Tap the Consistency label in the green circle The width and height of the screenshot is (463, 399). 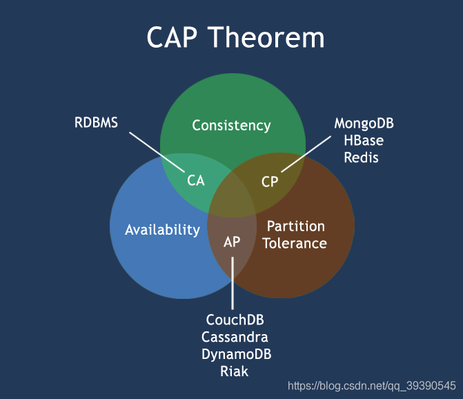coord(231,126)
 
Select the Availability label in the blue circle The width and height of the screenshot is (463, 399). coord(162,230)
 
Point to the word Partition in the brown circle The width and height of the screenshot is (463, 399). coord(295,226)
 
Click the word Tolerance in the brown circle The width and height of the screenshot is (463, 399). coord(295,243)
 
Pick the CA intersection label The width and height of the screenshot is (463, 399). coord(196,181)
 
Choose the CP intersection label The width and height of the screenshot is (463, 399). coord(270,182)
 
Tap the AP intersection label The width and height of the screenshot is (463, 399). coord(232,242)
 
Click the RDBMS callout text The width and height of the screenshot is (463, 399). coord(96,124)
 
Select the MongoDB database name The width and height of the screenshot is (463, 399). coord(364,124)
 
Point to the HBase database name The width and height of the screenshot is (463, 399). coord(364,141)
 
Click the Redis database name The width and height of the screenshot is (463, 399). coord(363,157)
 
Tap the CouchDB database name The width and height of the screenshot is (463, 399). coord(235,321)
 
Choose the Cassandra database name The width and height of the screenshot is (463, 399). coord(235,338)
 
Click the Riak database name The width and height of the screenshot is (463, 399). coord(235,371)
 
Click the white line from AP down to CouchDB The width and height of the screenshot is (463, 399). coord(233,283)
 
